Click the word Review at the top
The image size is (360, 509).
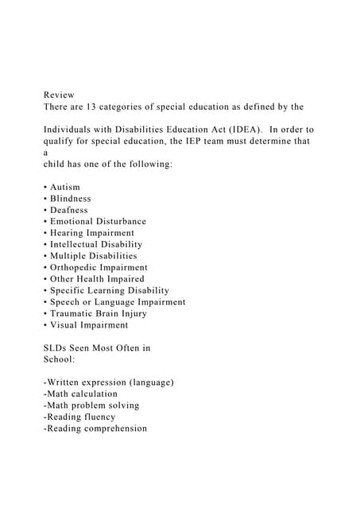click(59, 95)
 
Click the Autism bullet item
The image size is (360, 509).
click(64, 187)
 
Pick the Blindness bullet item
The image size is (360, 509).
click(70, 198)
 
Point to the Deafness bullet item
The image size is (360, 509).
click(68, 210)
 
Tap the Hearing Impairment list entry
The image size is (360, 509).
click(92, 233)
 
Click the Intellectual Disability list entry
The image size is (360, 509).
click(96, 244)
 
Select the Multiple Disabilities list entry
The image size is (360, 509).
click(93, 256)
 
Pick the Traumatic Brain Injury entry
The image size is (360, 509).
click(98, 313)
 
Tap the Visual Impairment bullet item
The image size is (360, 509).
click(88, 325)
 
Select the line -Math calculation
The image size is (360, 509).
click(80, 394)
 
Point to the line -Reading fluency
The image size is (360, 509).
click(79, 417)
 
